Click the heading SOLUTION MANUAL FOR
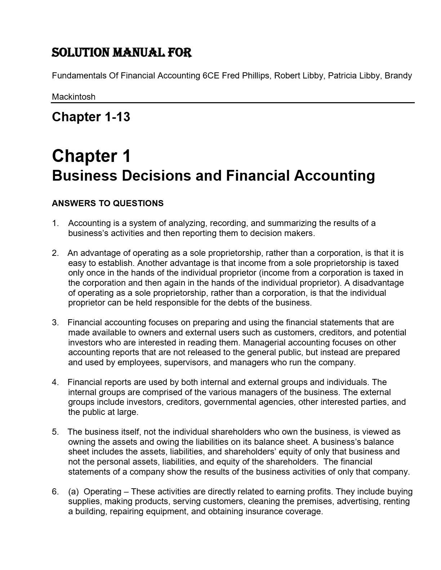point(122,53)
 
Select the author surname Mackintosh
point(73,97)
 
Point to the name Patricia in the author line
point(342,76)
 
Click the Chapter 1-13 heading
point(91,117)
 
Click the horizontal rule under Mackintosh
point(233,103)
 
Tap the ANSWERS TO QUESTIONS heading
point(107,203)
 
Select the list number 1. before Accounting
point(55,223)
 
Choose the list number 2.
point(55,253)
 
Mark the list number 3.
point(55,322)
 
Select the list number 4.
point(55,382)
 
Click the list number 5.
point(55,432)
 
